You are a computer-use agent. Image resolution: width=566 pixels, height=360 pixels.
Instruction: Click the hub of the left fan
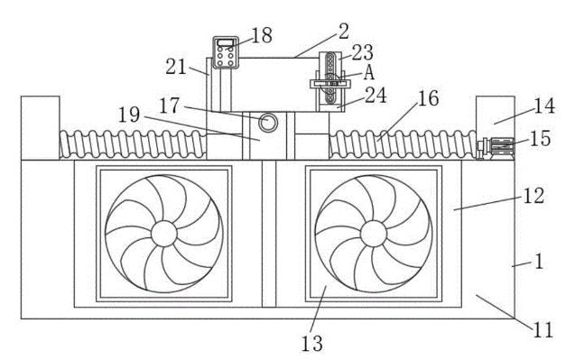[x=164, y=234]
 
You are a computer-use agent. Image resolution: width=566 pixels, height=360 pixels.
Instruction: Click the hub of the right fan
[x=373, y=234]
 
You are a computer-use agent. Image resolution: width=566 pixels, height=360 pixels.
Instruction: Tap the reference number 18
[x=262, y=35]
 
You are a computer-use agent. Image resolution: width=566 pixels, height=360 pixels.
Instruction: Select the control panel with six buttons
[x=226, y=52]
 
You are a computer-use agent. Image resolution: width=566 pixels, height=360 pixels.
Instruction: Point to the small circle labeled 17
[x=267, y=123]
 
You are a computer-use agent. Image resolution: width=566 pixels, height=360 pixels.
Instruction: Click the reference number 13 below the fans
[x=311, y=344]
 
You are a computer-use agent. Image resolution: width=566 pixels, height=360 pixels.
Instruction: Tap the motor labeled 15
[x=496, y=148]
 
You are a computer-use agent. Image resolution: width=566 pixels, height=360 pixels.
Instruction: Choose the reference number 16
[x=428, y=98]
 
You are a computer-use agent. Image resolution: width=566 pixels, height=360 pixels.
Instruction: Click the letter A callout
[x=368, y=72]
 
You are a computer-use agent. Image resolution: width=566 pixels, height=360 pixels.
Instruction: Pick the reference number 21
[x=176, y=67]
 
